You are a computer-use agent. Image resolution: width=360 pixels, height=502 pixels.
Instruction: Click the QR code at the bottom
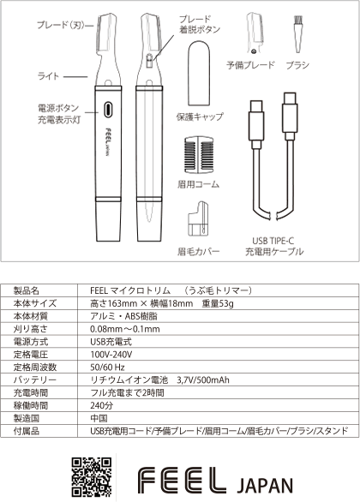91,477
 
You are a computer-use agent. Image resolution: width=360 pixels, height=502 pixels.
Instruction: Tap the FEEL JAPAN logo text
216,478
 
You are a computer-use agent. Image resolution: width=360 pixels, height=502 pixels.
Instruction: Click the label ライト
46,76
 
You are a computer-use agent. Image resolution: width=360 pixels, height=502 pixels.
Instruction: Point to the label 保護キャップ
202,117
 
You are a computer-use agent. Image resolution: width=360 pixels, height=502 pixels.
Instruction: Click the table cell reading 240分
102,404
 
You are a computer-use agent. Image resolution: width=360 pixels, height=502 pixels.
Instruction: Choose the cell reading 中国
99,417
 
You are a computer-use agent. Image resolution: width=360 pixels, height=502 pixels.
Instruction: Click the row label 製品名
31,290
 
